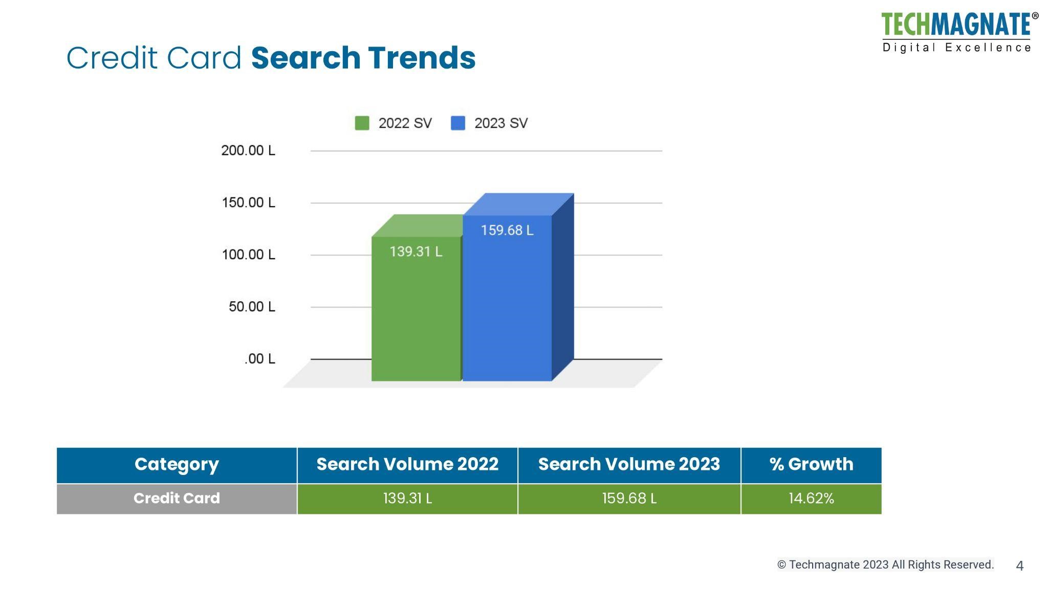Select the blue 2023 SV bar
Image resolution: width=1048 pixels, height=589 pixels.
[507, 307]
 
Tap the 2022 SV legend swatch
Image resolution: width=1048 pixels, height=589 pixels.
[362, 123]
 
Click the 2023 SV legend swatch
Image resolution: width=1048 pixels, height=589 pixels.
[457, 123]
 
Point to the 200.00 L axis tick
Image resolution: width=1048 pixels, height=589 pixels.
[248, 151]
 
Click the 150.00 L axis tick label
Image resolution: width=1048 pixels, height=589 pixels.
[248, 203]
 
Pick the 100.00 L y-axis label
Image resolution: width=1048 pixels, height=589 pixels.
[248, 255]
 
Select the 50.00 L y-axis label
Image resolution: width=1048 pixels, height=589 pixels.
[252, 307]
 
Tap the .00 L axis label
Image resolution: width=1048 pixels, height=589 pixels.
[259, 359]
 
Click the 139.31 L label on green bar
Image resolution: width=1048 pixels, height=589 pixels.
[416, 252]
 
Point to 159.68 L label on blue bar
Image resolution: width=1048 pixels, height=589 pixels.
[507, 231]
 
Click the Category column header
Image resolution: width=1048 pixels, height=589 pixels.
[177, 464]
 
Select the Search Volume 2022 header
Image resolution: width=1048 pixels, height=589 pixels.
[407, 464]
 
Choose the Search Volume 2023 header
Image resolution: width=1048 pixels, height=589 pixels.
[629, 464]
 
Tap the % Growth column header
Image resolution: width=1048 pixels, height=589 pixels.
[811, 464]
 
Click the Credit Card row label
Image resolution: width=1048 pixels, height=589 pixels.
[177, 499]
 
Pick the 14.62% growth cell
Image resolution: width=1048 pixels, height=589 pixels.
[811, 499]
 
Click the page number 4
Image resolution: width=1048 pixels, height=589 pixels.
[1019, 566]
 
